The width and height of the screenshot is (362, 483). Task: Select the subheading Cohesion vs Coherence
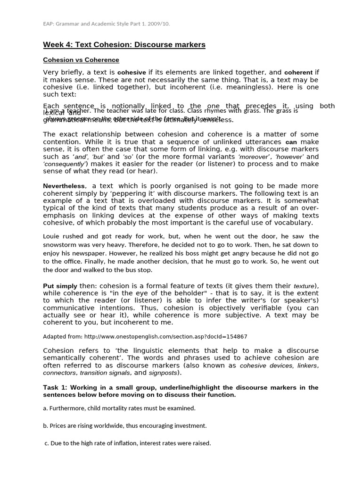tap(81, 60)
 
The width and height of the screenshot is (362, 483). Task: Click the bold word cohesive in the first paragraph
tap(132, 73)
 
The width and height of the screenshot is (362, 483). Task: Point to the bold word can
tap(291, 142)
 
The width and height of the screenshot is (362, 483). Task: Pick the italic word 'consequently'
tap(65, 164)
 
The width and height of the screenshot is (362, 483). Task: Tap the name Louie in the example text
tap(51, 236)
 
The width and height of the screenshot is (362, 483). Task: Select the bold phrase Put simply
tap(60, 286)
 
